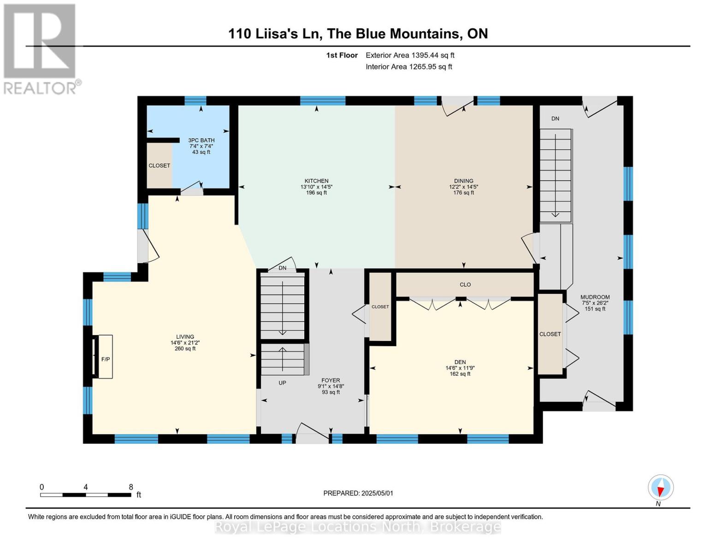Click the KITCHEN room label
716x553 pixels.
tap(316, 181)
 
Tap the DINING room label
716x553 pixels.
tap(463, 181)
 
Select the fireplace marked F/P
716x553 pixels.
tap(105, 359)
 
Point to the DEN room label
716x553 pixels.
tap(460, 362)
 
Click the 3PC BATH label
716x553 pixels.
tap(201, 140)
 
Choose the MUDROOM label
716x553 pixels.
tap(595, 297)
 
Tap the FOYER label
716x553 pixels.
tap(331, 381)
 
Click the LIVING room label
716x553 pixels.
tap(185, 337)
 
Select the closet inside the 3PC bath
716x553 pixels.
tap(159, 165)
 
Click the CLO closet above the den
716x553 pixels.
tap(465, 285)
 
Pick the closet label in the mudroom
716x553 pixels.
tap(550, 334)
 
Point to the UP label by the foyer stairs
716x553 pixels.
tap(282, 383)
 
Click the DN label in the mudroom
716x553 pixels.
tap(555, 118)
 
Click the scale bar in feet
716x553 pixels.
tap(86, 494)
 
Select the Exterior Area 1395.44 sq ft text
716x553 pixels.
tap(410, 55)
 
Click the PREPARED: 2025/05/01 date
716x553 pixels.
tap(358, 493)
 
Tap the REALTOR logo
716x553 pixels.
tap(41, 49)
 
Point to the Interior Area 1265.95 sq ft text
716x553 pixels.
tap(408, 67)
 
